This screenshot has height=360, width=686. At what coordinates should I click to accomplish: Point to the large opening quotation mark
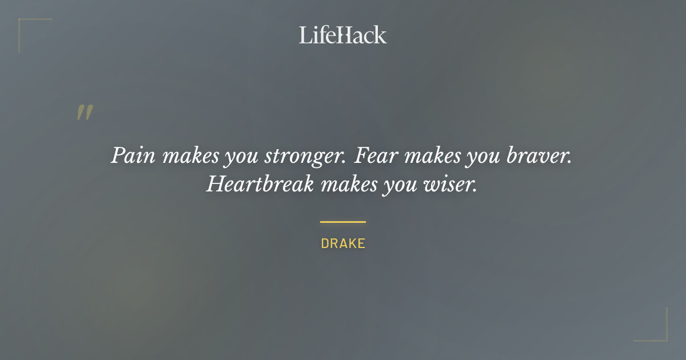pyautogui.click(x=85, y=113)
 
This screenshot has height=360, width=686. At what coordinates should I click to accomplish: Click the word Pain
pyautogui.click(x=132, y=156)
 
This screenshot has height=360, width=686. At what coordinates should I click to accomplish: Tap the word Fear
pyautogui.click(x=377, y=155)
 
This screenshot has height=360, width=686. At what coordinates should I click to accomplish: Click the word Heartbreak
pyautogui.click(x=260, y=183)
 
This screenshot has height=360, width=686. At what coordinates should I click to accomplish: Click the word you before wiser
pyautogui.click(x=398, y=185)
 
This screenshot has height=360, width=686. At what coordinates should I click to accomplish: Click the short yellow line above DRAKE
pyautogui.click(x=343, y=222)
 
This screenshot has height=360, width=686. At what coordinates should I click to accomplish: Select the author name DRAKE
pyautogui.click(x=343, y=243)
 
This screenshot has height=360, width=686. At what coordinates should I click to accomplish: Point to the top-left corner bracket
pyautogui.click(x=23, y=23)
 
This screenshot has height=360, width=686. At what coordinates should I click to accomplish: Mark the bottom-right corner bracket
pyautogui.click(x=663, y=337)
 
